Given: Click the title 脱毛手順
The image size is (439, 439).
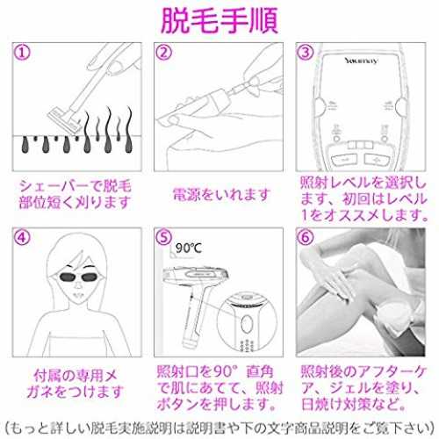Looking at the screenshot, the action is pyautogui.click(x=219, y=21).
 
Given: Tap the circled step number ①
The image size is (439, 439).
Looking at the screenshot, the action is pyautogui.click(x=23, y=53).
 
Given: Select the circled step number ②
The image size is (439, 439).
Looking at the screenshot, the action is pyautogui.click(x=164, y=53).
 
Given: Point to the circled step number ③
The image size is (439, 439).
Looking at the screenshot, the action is pyautogui.click(x=306, y=53).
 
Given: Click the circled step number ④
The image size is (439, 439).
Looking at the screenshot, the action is pyautogui.click(x=23, y=237).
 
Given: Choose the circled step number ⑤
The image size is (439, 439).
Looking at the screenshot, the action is pyautogui.click(x=164, y=237).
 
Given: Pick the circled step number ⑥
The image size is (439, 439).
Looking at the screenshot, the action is pyautogui.click(x=306, y=237).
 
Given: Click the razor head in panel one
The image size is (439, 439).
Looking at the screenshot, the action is pyautogui.click(x=64, y=120).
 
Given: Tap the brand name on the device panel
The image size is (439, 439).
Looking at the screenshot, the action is pyautogui.click(x=361, y=61).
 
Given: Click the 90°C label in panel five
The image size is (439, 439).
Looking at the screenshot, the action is pyautogui.click(x=189, y=248).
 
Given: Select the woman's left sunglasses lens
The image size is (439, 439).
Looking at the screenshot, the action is pyautogui.click(x=68, y=277).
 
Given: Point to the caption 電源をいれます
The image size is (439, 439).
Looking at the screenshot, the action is pyautogui.click(x=221, y=195).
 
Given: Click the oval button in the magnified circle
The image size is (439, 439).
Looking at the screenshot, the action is pyautogui.click(x=247, y=324).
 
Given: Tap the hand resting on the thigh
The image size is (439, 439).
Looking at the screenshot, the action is pyautogui.click(x=336, y=284).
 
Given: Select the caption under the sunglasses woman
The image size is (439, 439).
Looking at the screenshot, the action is pyautogui.click(x=76, y=384).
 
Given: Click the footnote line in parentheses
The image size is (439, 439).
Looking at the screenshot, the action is pyautogui.click(x=219, y=428).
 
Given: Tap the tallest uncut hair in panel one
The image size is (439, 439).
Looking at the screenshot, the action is pyautogui.click(x=108, y=130).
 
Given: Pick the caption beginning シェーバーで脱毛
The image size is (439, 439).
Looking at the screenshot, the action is pyautogui.click(x=76, y=194).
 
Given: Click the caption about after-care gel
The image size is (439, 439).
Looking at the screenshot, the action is pyautogui.click(x=363, y=388).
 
